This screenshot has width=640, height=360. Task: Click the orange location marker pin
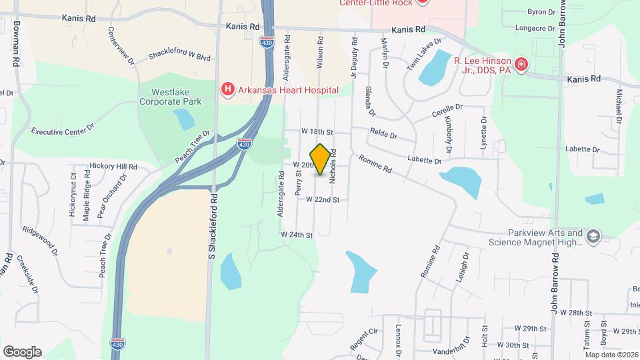point(321,159)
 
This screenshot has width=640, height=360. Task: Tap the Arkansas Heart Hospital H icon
point(228,89)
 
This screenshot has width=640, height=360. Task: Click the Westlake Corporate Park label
point(170,97)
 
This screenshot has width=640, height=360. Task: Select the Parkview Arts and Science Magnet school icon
point(593,236)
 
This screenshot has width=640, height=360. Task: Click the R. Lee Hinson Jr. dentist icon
point(521,65)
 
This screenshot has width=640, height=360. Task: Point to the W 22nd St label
point(323,199)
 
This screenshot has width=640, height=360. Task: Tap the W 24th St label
point(297,235)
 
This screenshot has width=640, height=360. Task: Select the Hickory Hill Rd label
point(113,166)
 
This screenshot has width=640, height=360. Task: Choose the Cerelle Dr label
point(447,109)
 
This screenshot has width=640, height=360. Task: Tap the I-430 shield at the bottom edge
point(115,343)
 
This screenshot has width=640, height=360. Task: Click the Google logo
point(22,351)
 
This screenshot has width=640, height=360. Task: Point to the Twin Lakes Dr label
point(424,54)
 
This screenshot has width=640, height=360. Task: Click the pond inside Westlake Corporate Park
point(183,119)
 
